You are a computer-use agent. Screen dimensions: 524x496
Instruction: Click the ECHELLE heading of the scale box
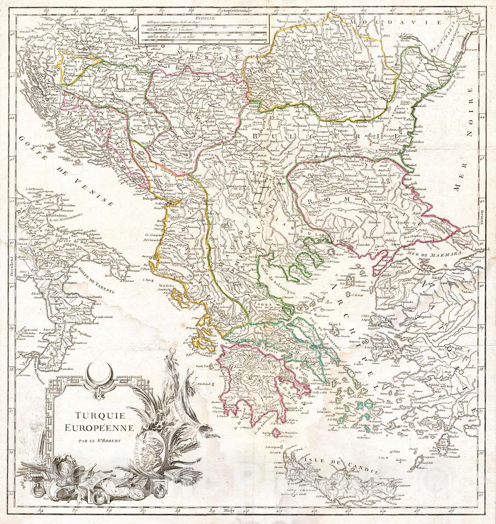203,18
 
